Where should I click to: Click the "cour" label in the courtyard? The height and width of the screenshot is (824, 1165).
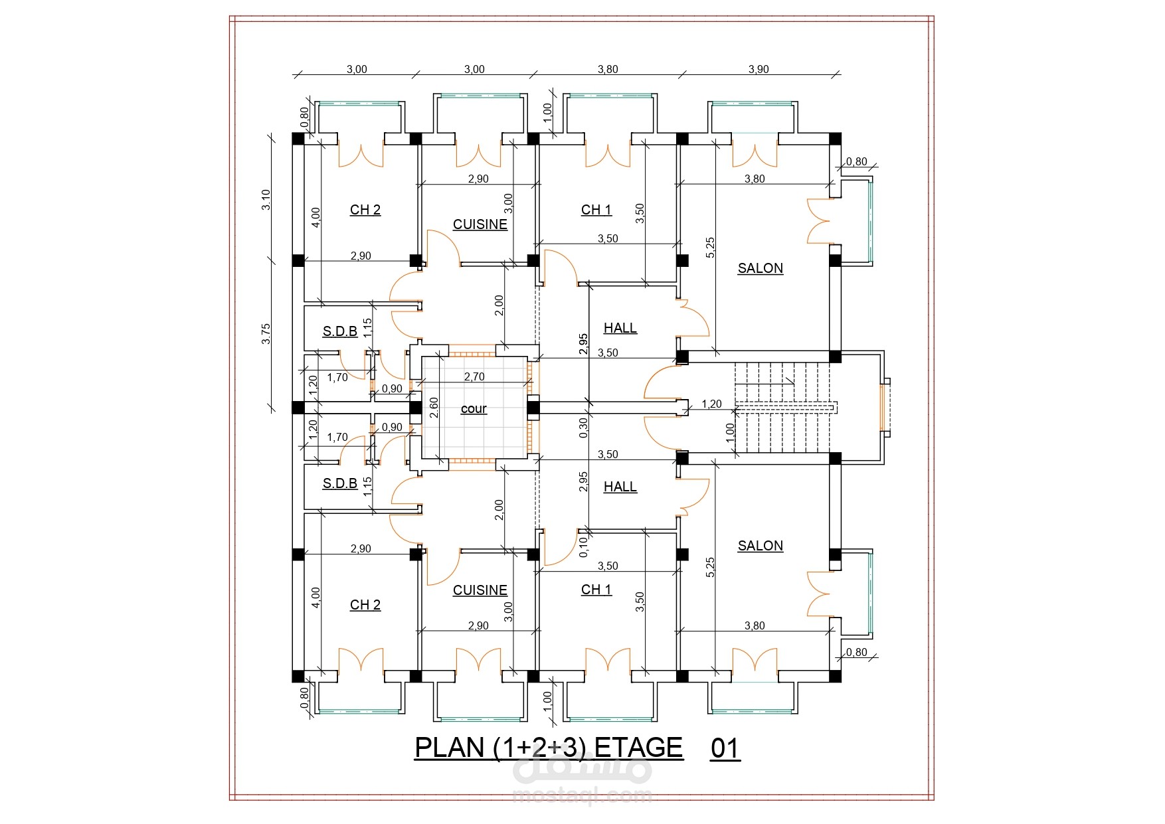[474, 409]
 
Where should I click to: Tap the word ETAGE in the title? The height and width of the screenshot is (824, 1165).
[638, 748]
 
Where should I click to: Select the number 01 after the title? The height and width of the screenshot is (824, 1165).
[725, 748]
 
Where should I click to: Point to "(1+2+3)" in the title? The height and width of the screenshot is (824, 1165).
[539, 748]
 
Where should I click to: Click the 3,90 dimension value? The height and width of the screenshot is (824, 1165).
[759, 69]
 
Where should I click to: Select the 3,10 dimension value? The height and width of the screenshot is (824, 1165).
[266, 200]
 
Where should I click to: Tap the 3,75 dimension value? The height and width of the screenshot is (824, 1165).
[266, 333]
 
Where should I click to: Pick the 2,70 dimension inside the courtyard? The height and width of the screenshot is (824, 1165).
[474, 376]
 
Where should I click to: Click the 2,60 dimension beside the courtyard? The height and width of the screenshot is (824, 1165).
[434, 407]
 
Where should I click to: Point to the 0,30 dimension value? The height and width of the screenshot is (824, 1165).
[583, 428]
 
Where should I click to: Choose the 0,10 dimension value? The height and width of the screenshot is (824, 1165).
[583, 546]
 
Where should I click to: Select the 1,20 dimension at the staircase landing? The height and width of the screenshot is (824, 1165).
[711, 404]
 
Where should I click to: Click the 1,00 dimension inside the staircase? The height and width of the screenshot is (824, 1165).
[730, 433]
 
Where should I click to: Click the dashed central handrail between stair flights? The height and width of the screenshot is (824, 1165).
[786, 407]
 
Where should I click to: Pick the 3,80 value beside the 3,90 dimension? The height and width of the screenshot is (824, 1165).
[608, 69]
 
